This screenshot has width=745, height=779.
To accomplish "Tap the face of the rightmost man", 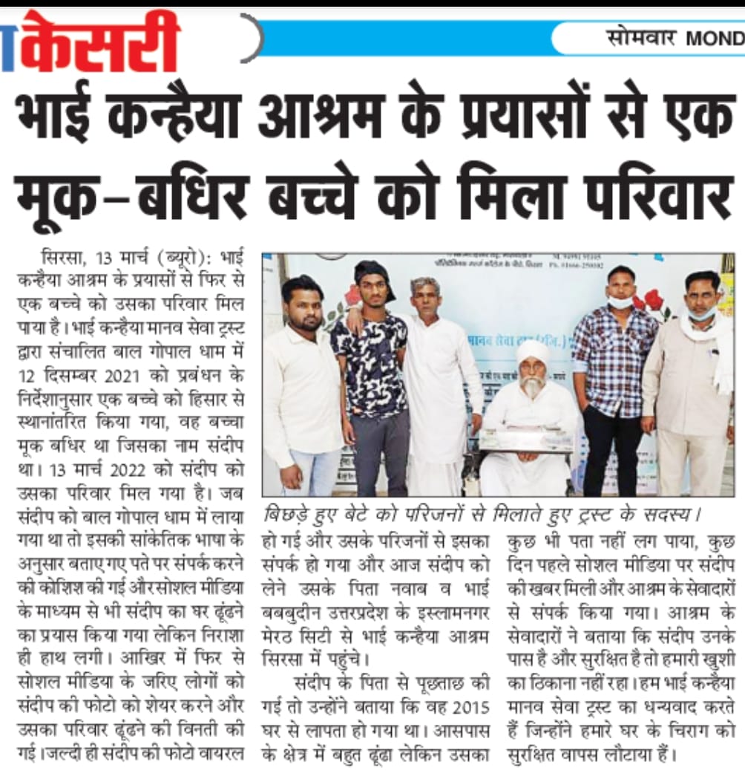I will (700, 296).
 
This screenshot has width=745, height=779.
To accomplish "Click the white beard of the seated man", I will (531, 387).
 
